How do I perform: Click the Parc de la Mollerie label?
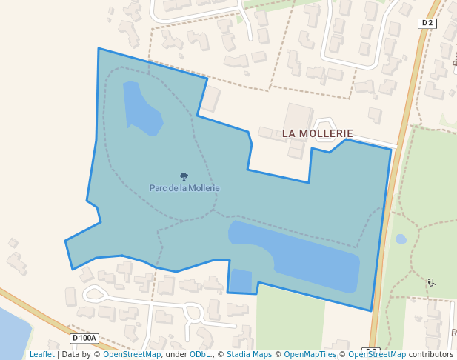point(184,188)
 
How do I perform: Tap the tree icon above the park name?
point(184,176)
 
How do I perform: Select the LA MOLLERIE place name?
point(317,133)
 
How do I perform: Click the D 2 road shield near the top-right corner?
point(427,24)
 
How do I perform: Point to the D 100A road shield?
point(84,338)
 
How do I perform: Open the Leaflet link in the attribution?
point(42,354)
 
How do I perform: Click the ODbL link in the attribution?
point(200,354)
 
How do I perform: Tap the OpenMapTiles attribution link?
point(310,354)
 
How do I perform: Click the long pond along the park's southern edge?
point(304,256)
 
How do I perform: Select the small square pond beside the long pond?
point(241,281)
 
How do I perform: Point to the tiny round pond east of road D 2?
point(401,239)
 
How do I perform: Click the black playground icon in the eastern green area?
point(431,282)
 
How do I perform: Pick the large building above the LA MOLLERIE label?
point(298,119)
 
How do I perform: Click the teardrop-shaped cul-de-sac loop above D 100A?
point(94,293)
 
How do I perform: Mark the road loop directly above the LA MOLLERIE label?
point(324,124)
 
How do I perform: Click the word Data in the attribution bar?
point(71,354)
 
